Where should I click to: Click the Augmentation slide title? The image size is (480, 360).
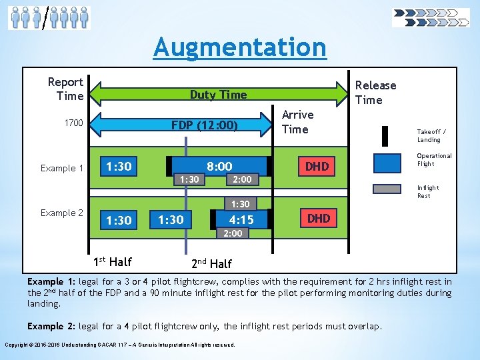click(240, 47)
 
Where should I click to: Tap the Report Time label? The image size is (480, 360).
click(65, 89)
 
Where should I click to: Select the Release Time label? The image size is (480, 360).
click(375, 93)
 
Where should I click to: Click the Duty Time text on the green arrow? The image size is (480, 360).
click(218, 95)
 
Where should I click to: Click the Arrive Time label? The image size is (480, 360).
click(297, 122)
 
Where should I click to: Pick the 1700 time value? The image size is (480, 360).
click(73, 123)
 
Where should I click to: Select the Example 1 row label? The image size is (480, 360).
click(62, 168)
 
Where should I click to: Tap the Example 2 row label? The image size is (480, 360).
click(62, 213)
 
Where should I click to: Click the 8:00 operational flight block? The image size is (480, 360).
click(219, 166)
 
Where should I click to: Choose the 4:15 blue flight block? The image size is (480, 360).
click(241, 219)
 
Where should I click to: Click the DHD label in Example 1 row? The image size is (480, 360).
click(317, 167)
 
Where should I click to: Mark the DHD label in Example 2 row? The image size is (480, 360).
click(318, 218)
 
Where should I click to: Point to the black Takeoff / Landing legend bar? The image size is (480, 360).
click(385, 135)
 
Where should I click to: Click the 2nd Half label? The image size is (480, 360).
click(213, 263)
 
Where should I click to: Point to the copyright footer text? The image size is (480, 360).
click(119, 345)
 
